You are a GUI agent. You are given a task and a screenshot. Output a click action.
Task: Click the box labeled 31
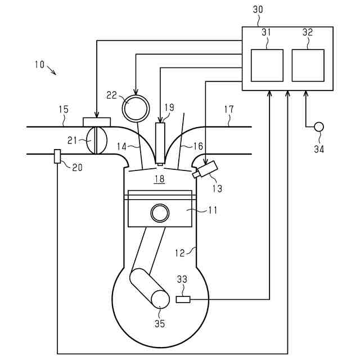(267, 65)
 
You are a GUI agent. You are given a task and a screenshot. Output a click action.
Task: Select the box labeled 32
(308, 65)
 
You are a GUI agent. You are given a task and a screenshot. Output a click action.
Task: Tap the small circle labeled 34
(319, 127)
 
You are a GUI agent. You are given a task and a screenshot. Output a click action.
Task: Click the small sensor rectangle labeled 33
(183, 299)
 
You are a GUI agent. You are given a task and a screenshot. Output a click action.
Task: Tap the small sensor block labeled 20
(57, 156)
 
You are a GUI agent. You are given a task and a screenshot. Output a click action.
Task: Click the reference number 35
(160, 324)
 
